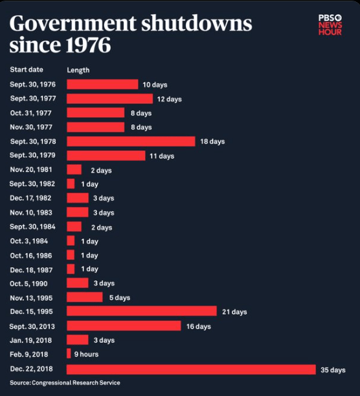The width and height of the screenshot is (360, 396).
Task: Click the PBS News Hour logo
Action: pos(330,24)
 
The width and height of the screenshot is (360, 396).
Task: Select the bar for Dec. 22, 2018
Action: pos(191,369)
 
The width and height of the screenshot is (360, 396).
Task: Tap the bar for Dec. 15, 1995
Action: pos(141,311)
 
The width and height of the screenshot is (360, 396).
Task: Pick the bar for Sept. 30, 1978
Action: pos(130,141)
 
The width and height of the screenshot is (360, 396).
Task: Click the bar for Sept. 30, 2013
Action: pos(124,326)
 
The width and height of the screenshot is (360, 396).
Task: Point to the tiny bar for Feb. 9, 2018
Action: pos(69,354)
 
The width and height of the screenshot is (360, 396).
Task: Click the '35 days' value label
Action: pos(333,369)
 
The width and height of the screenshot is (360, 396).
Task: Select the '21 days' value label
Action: pos(234,312)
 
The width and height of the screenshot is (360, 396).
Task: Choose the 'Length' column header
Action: pos(78,70)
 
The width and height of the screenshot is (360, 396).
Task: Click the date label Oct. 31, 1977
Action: pos(30,113)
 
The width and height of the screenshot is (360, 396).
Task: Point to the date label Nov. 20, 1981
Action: pos(31,170)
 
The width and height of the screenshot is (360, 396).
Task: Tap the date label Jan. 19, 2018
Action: pos(30,340)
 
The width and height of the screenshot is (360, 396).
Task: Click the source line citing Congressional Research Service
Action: pos(65,383)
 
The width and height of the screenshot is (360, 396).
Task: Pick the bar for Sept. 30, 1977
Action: pos(109,98)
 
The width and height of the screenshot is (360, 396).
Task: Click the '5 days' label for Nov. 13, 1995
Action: pos(118,298)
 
